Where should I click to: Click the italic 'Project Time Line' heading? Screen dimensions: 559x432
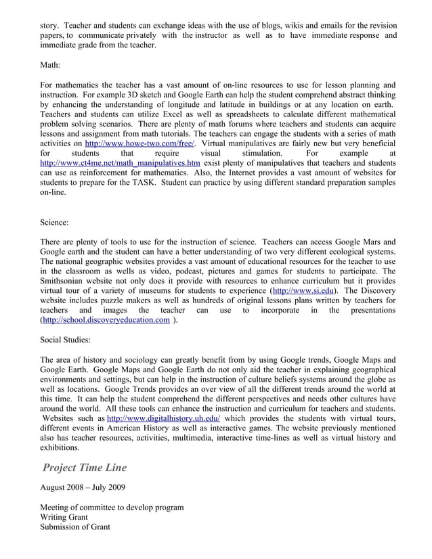[85, 468]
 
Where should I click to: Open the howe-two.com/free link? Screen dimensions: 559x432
[139, 143]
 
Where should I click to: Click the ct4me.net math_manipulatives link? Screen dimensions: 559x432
[120, 163]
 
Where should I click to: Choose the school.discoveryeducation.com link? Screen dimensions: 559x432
[106, 320]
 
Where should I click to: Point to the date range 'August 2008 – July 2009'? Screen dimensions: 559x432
[82, 487]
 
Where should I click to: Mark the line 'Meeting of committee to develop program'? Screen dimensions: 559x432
[112, 507]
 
